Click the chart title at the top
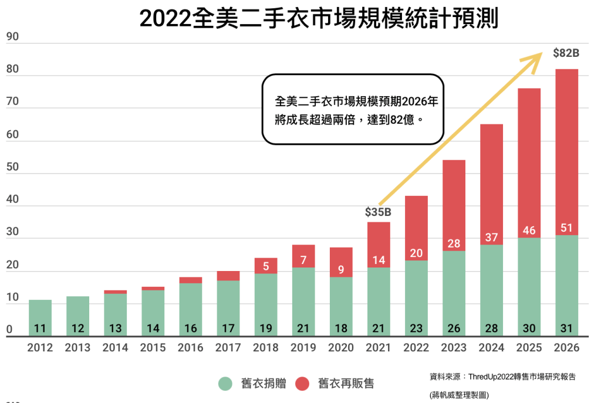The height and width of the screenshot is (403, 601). coord(319,19)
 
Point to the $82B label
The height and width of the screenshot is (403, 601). coord(566,53)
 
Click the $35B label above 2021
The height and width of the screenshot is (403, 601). coord(378,211)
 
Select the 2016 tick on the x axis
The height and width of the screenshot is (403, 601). coord(190,348)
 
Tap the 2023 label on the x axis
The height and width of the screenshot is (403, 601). coord(454,348)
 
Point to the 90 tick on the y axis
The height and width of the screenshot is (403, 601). coord(13,37)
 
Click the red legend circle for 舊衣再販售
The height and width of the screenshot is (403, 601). coord(302,384)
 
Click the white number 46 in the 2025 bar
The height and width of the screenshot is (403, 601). coord(529,230)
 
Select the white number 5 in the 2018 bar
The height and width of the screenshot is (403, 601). coord(266,266)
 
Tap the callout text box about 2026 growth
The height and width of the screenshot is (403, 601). coord(352,110)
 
